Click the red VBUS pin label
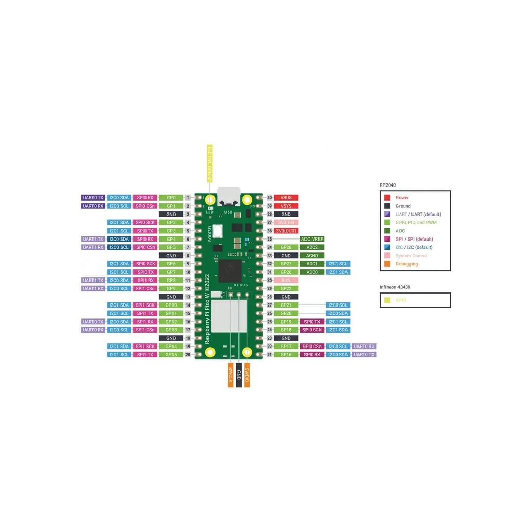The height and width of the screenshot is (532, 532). click(286, 198)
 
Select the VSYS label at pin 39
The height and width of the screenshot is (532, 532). click(286, 206)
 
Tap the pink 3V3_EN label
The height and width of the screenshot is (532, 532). click(286, 222)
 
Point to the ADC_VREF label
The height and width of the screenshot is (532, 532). click(312, 239)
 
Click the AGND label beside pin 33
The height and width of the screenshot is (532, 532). click(312, 256)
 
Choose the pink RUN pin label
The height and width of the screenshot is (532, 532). click(286, 280)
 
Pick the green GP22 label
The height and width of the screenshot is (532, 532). click(286, 288)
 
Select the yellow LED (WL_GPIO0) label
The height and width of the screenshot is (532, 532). click(210, 163)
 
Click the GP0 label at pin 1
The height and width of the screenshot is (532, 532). click(171, 198)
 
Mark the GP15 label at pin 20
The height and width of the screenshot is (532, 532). click(171, 355)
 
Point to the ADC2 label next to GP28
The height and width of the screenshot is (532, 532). click(312, 247)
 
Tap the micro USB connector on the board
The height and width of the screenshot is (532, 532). click(229, 195)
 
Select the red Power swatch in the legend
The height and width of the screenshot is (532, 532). click(387, 198)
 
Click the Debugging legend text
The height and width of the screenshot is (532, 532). click(406, 264)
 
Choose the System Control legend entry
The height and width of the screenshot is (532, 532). click(411, 256)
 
